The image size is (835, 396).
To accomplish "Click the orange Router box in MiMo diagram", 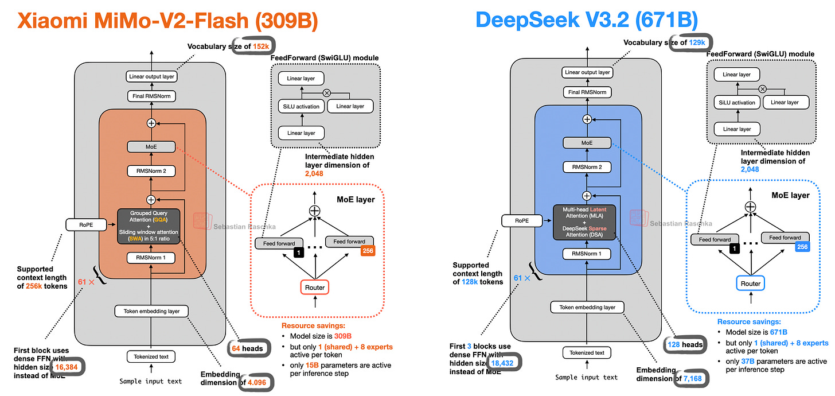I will tap(314, 286).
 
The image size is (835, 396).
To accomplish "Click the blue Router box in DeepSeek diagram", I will tap(750, 284).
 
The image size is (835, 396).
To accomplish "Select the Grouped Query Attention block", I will tap(149, 226).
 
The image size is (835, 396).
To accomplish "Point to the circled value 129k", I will tap(700, 43).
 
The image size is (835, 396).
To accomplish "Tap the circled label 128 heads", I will tap(685, 344).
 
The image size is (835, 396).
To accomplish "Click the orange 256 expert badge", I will tap(368, 250).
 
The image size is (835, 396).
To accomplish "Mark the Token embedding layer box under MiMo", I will tap(151, 312).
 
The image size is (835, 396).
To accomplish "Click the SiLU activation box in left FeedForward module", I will tap(299, 106).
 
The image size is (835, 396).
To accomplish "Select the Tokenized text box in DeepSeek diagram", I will tap(587, 352).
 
